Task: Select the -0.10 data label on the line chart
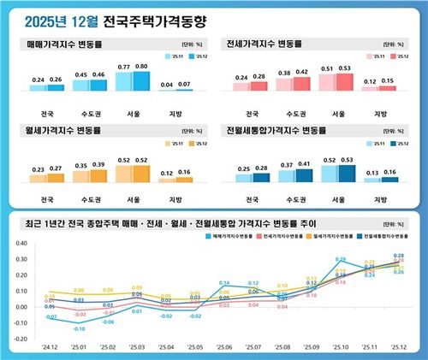tap(79, 328)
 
